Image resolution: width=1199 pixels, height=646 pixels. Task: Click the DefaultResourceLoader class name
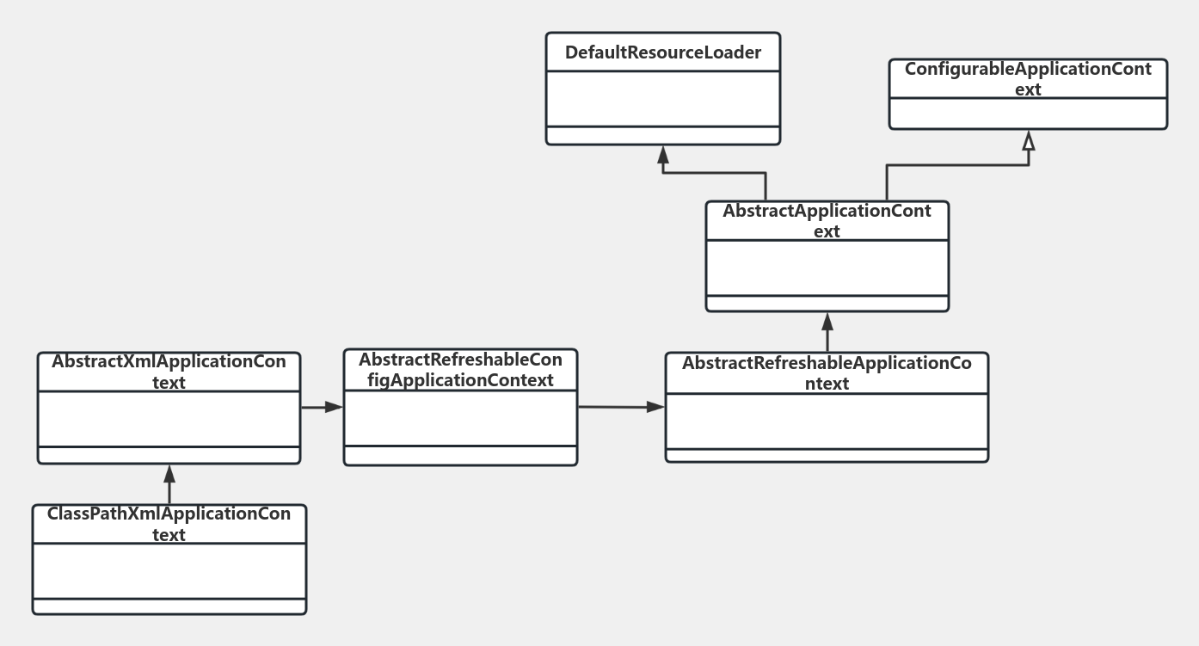[x=662, y=53]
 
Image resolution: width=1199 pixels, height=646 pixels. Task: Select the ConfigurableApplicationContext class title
[x=1028, y=79]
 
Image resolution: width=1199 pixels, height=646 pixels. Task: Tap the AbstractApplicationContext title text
[x=827, y=221]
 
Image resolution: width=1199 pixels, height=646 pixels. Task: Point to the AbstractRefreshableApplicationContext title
[x=827, y=373]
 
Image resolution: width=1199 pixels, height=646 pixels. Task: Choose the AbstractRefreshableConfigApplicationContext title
[x=460, y=370]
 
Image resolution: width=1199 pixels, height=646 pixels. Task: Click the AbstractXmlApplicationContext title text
[x=169, y=372]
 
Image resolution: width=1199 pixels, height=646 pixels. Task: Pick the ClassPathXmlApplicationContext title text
[x=169, y=524]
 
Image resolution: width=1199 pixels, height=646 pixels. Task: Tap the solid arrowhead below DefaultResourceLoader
[x=662, y=154]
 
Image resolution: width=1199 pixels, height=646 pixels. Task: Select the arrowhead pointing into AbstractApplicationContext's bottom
[x=827, y=322]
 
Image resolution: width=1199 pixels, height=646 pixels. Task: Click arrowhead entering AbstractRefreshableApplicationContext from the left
[x=656, y=408]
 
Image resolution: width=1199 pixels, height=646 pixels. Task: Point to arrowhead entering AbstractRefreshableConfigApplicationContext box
[x=334, y=407]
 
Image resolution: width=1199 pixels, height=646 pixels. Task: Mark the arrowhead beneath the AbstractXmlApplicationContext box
[x=169, y=474]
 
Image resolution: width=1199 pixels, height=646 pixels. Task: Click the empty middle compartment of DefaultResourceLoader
[x=662, y=98]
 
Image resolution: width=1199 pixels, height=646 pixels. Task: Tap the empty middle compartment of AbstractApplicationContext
[x=827, y=268]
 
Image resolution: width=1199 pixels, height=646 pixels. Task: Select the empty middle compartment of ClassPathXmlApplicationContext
[x=169, y=570]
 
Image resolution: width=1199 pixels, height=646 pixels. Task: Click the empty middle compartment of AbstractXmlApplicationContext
[x=169, y=419]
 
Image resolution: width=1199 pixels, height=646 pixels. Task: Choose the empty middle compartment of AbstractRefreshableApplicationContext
[x=827, y=421]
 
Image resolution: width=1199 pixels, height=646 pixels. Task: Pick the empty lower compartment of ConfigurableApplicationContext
[x=1028, y=113]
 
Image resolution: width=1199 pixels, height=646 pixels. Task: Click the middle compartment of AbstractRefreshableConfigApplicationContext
[x=460, y=417]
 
